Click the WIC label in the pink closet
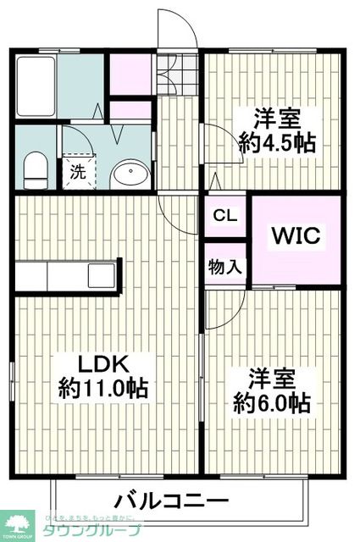pyautogui.click(x=296, y=235)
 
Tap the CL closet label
pyautogui.click(x=224, y=214)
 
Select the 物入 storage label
pyautogui.click(x=224, y=267)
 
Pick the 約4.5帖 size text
pyautogui.click(x=277, y=141)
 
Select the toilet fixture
pyautogui.click(x=35, y=170)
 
